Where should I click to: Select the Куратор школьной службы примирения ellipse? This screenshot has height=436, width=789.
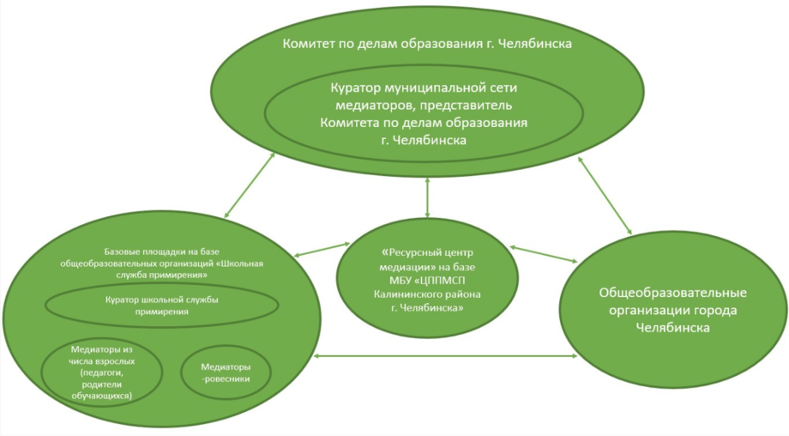(x=160, y=303)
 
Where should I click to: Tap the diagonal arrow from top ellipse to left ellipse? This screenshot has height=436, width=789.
(x=250, y=184)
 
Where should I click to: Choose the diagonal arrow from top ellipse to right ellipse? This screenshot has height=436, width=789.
(x=606, y=196)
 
